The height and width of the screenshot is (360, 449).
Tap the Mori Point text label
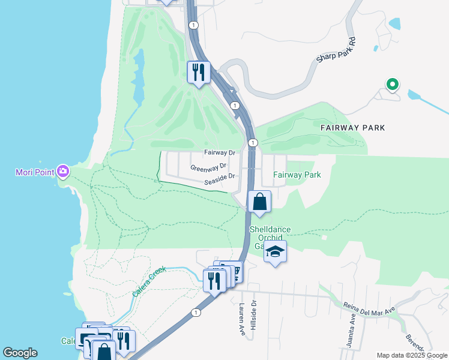tap(35, 173)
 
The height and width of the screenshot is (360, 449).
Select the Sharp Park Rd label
tap(336, 52)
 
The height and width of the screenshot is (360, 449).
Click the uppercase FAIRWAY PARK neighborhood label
tap(352, 128)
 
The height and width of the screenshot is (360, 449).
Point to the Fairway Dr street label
tap(218, 153)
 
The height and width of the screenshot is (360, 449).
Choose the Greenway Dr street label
tap(208, 167)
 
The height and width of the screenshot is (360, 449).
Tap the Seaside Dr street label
tap(218, 176)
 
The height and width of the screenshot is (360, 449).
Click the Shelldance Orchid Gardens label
tap(270, 238)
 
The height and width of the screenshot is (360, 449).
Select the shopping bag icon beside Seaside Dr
tap(259, 202)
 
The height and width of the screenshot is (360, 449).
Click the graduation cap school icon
tap(275, 251)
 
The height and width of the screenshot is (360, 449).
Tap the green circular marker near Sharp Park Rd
tap(393, 85)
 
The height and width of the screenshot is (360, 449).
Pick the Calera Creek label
tap(148, 286)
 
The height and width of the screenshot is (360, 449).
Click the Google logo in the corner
tap(20, 353)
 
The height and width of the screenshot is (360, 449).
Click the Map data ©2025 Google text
tap(411, 355)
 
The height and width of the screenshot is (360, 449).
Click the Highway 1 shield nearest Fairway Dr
tap(253, 142)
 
